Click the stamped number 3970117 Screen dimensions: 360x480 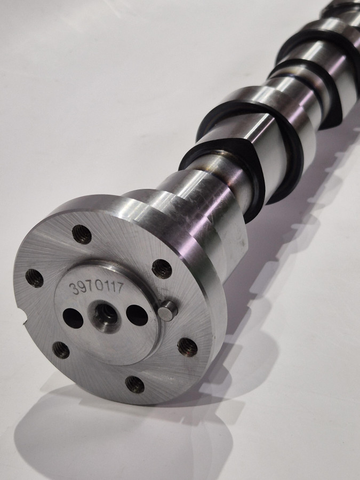pos(97,287)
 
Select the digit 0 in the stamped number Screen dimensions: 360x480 pos(99,286)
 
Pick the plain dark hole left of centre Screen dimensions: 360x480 pos(73,318)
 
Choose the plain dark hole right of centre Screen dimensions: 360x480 pos(137,315)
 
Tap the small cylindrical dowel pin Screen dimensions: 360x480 pos(168,310)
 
